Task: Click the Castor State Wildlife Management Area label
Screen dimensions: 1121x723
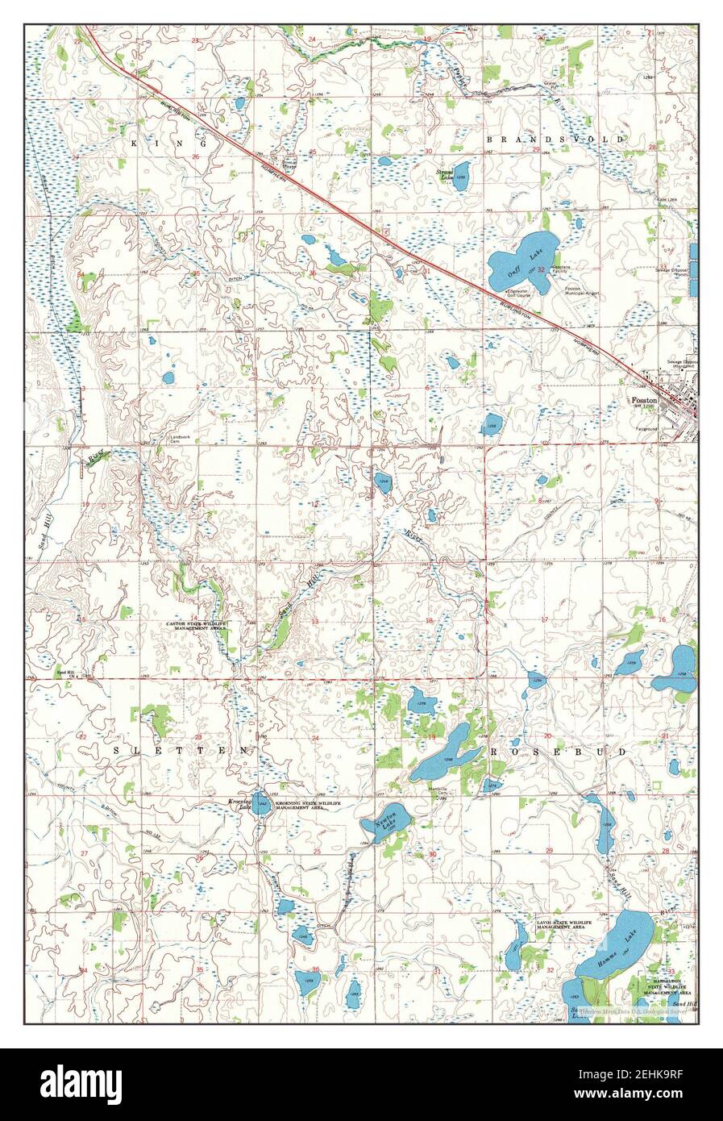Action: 197,627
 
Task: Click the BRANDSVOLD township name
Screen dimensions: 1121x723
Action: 555,140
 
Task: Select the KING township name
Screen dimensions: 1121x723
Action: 171,142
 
